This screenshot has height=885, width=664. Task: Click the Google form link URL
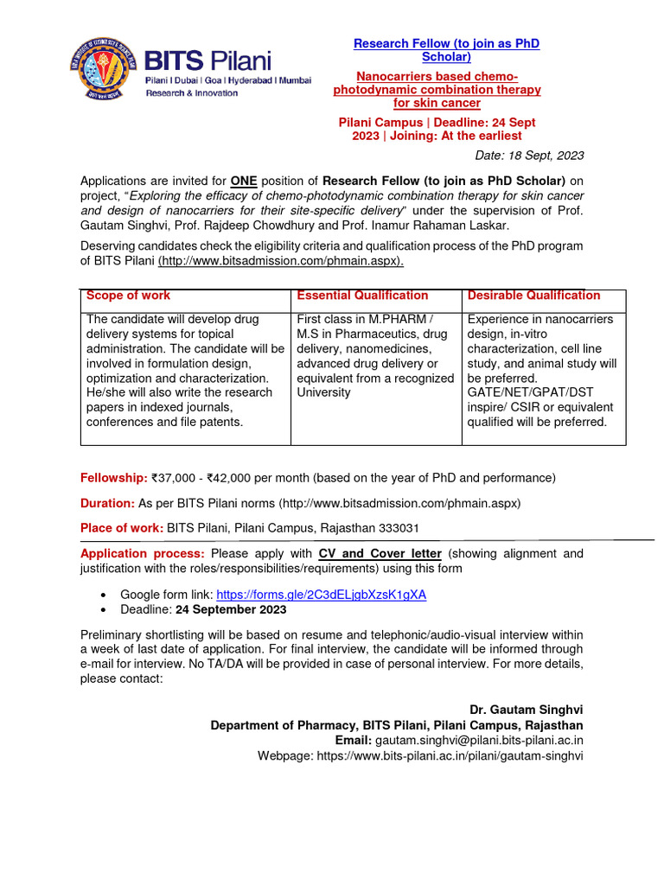(321, 595)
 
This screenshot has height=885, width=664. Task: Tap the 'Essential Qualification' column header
(362, 296)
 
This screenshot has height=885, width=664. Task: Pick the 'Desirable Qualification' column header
(533, 296)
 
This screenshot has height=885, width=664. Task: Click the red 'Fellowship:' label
(113, 478)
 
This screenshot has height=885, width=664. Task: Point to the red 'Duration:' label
(107, 503)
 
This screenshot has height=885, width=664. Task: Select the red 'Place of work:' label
(122, 528)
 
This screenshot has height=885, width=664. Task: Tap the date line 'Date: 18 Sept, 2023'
(529, 156)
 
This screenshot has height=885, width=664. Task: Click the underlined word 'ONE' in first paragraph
(244, 181)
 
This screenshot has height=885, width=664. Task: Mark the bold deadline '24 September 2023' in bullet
(231, 610)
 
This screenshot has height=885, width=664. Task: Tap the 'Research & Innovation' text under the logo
(190, 92)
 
